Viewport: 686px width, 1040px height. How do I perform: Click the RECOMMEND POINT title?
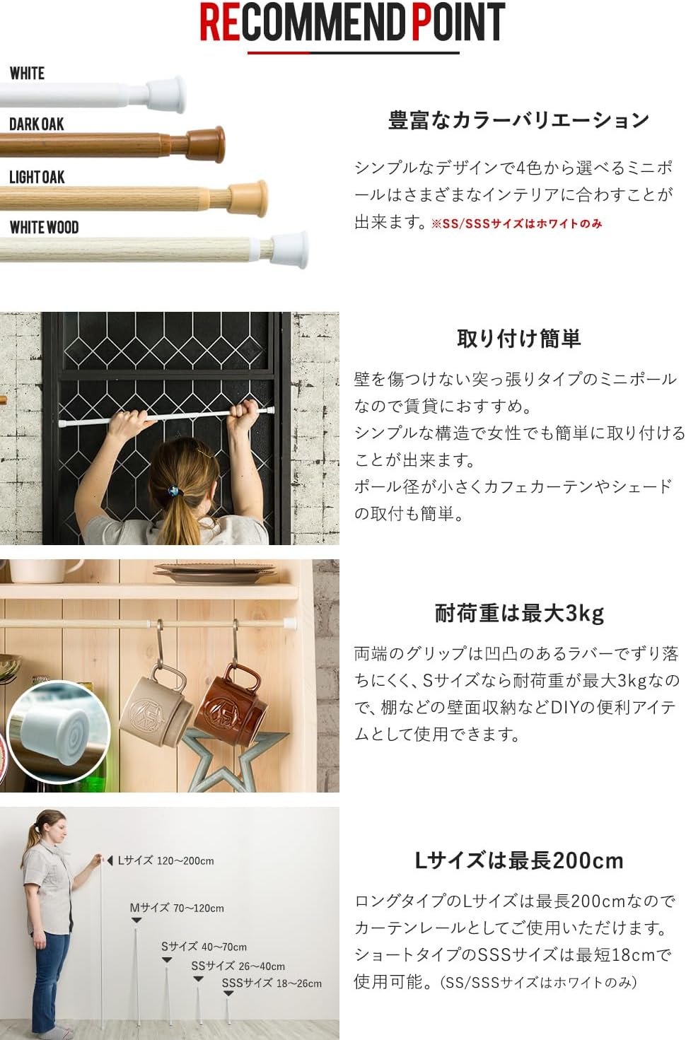pyautogui.click(x=352, y=23)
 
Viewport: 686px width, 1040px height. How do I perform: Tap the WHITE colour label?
pyautogui.click(x=27, y=74)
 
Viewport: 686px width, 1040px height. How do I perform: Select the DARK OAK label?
pyautogui.click(x=36, y=124)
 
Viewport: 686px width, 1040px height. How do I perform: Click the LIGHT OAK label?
pyautogui.click(x=37, y=177)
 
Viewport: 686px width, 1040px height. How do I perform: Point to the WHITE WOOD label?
pyautogui.click(x=44, y=228)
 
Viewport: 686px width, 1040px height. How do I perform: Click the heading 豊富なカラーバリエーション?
pyautogui.click(x=518, y=120)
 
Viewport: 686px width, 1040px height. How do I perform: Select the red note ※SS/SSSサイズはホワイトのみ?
pyautogui.click(x=516, y=223)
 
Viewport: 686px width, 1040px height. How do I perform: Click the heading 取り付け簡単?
pyautogui.click(x=518, y=339)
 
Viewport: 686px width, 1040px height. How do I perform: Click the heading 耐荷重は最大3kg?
pyautogui.click(x=519, y=613)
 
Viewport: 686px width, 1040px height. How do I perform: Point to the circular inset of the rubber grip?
pyautogui.click(x=59, y=731)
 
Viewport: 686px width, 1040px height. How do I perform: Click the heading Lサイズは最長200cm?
pyautogui.click(x=518, y=860)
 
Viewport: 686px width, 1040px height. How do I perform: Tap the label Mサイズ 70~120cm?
pyautogui.click(x=177, y=908)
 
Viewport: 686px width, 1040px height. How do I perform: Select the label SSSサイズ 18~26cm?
pyautogui.click(x=272, y=983)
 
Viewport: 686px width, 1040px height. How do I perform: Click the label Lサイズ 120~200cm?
pyautogui.click(x=165, y=860)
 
